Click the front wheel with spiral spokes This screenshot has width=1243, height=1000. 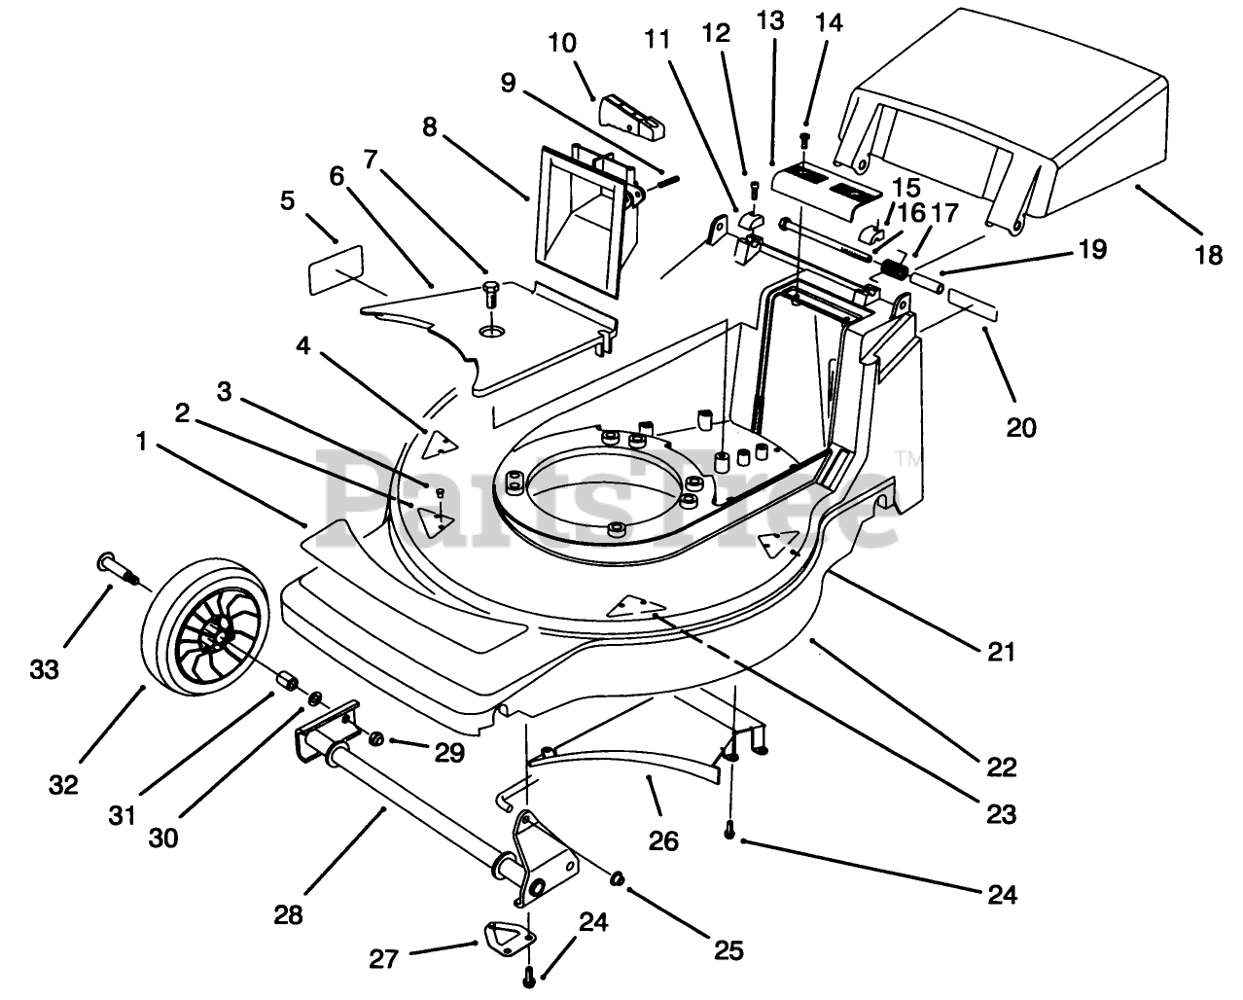click(205, 628)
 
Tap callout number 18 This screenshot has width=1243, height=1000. click(1208, 255)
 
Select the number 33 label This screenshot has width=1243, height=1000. click(44, 669)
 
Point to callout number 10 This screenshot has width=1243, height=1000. click(562, 43)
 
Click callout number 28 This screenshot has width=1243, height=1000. click(288, 914)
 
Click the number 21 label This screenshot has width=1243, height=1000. click(1001, 652)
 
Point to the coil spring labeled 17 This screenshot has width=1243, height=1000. click(894, 268)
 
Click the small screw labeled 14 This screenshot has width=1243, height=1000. click(805, 141)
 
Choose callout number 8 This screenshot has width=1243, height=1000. click(429, 126)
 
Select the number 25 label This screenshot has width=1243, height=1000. click(728, 949)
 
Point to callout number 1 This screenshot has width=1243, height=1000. click(141, 442)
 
